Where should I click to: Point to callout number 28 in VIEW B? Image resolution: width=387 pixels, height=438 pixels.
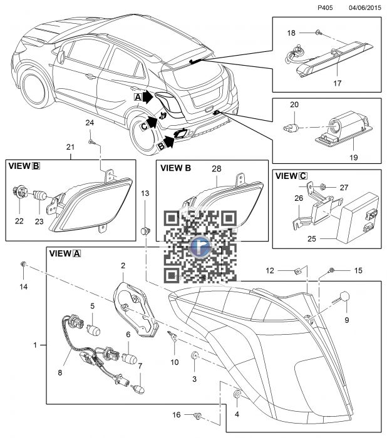pos(217,168)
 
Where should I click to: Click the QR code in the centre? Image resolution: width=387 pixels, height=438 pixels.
pos(200,246)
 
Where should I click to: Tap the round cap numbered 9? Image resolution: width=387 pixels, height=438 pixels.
pos(344,298)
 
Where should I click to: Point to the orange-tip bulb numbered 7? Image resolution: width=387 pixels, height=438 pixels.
pos(140,387)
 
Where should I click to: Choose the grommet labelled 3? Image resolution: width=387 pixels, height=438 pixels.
pos(195,357)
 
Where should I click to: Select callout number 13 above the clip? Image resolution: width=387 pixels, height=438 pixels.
pos(145,194)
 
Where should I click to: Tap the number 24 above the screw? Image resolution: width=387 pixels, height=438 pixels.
pos(90,122)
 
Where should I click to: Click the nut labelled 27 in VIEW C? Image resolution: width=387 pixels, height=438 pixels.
pos(321,186)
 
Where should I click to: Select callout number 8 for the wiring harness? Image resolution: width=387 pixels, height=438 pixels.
pos(60,373)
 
